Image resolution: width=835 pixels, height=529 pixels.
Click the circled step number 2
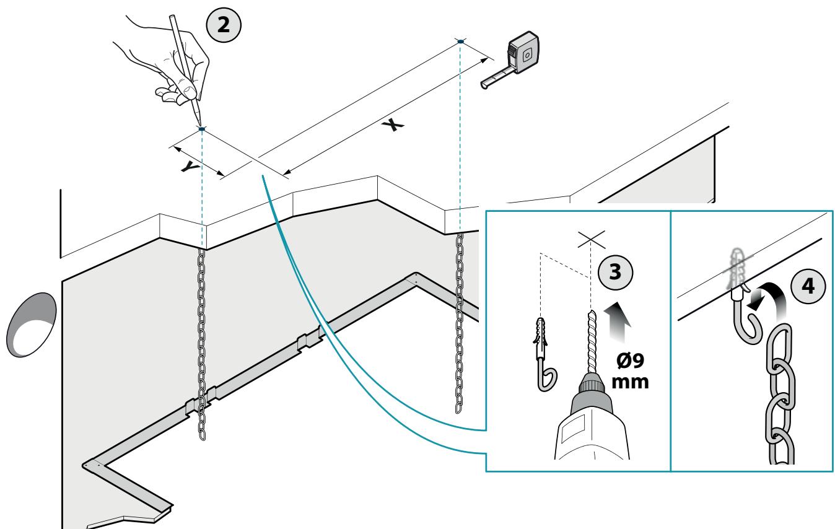click(x=224, y=25)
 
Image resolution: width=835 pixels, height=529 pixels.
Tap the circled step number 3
click(x=616, y=272)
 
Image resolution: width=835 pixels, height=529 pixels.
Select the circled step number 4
click(x=808, y=286)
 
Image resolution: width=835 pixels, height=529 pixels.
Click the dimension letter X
click(x=393, y=125)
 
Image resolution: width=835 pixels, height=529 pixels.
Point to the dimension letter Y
click(x=191, y=167)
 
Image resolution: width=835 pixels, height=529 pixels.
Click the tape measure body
click(x=523, y=53)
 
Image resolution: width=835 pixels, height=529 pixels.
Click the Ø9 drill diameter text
click(x=630, y=361)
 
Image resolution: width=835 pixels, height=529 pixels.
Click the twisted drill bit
click(x=591, y=342)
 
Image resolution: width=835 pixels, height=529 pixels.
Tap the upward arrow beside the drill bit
click(x=617, y=321)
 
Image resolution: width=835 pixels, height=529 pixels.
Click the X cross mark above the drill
click(x=592, y=240)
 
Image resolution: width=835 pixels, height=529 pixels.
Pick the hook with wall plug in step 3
click(x=544, y=354)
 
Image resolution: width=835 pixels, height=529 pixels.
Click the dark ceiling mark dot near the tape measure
click(x=461, y=42)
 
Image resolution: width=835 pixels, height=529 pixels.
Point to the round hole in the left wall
click(x=32, y=325)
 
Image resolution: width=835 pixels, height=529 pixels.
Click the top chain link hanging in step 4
click(x=779, y=346)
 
